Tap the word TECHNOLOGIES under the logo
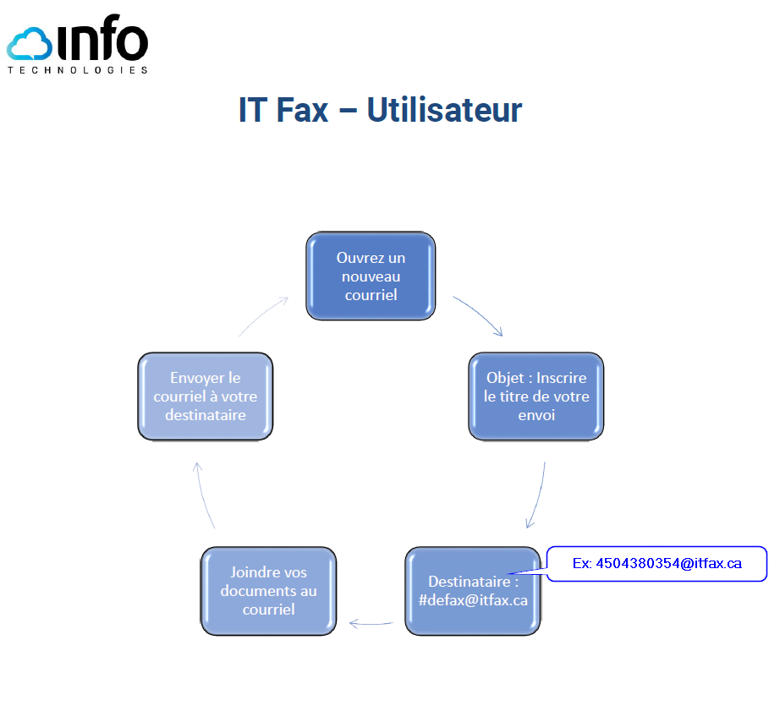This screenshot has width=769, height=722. [78, 70]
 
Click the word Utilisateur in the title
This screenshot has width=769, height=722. [444, 110]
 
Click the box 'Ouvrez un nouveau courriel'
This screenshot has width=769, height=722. [371, 276]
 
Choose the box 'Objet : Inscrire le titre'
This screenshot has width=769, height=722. [536, 397]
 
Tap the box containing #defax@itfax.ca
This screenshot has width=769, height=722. [472, 591]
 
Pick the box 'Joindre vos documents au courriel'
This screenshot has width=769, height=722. [268, 591]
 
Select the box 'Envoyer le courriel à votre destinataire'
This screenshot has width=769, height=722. [206, 397]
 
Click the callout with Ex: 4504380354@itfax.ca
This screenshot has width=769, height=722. [656, 563]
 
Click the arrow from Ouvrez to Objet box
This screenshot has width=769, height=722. [480, 315]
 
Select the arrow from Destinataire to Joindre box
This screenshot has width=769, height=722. [371, 625]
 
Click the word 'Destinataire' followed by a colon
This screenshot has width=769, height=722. [468, 582]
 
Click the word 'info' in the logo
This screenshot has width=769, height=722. [102, 41]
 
